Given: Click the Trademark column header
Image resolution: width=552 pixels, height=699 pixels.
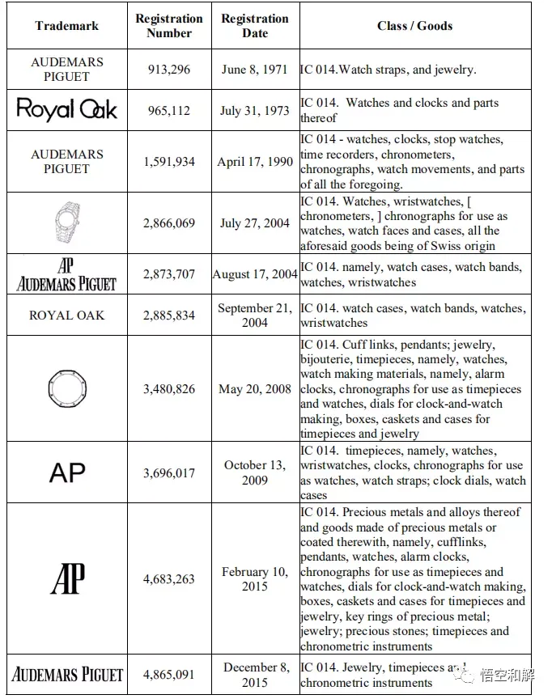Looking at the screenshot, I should (x=66, y=26).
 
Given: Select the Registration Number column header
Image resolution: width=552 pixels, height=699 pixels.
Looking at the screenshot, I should (x=169, y=26).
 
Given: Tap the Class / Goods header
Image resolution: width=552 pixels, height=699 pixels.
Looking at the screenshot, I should (x=414, y=26).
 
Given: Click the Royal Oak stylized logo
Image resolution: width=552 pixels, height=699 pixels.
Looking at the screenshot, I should (x=67, y=110).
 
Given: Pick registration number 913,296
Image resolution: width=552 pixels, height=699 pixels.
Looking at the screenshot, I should (x=169, y=70).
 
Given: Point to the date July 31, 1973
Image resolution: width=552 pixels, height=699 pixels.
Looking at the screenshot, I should (x=254, y=110).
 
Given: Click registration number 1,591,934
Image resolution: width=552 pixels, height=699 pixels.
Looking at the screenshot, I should (x=169, y=162).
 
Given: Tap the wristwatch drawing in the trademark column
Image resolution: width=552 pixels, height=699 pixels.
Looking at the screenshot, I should (x=66, y=222).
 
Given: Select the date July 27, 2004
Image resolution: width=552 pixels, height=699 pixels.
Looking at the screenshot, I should (x=254, y=223).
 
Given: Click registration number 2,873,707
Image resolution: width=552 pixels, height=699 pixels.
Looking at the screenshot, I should (x=169, y=274).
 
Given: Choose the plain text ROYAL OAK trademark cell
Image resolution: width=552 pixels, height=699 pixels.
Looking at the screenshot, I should (x=67, y=315).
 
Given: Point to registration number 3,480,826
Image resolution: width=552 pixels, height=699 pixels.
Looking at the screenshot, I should (x=169, y=389).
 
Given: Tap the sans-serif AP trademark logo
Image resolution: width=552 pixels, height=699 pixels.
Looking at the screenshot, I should (x=67, y=472).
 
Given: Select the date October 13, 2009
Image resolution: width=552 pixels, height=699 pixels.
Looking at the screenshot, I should (x=254, y=472).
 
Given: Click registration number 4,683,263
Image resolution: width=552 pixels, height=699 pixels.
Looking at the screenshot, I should (x=169, y=578).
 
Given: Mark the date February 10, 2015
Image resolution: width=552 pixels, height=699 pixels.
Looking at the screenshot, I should (x=254, y=578).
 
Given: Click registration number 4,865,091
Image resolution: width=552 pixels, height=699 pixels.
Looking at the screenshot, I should (x=169, y=675).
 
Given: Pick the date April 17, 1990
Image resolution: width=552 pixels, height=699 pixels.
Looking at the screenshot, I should (x=254, y=162).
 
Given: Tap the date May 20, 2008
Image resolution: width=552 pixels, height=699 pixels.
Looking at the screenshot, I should (x=254, y=389).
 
